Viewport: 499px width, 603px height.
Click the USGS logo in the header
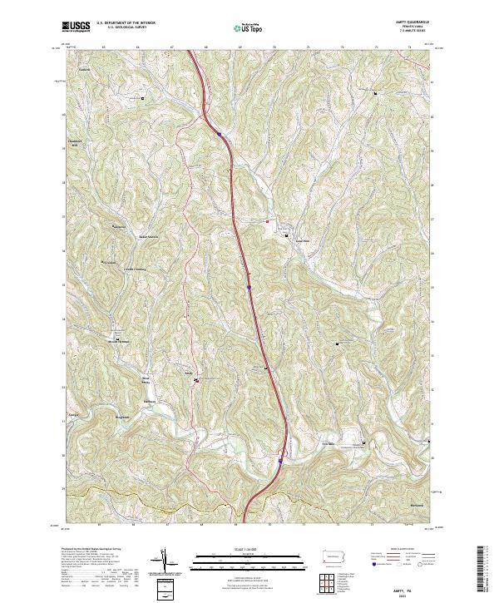point(76,27)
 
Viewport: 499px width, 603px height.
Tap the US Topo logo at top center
point(245,28)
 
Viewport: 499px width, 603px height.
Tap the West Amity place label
point(147,380)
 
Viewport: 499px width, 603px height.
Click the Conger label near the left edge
point(73,414)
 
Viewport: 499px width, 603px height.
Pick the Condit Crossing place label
point(134,269)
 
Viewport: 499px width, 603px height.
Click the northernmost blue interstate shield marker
point(219,134)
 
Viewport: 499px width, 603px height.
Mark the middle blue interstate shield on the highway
point(249,289)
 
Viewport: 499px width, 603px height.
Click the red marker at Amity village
point(197,381)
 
